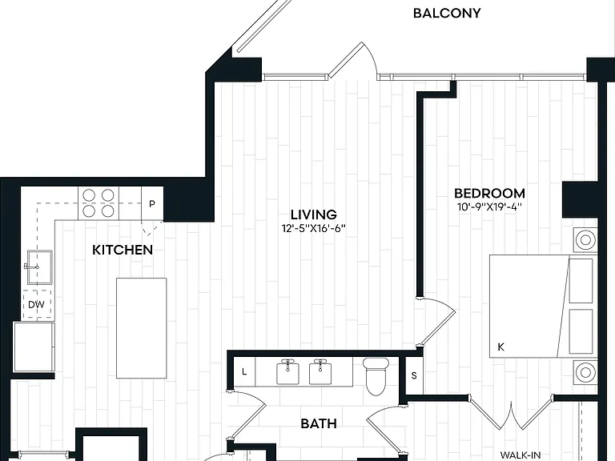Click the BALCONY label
tap(447, 14)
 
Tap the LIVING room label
tap(314, 214)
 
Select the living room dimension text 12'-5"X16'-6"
tap(314, 228)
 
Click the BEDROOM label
tap(489, 193)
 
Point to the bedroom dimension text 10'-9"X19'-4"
tap(490, 206)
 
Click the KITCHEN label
tap(123, 250)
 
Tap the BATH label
tap(319, 423)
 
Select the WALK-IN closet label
tap(521, 455)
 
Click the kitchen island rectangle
tap(142, 328)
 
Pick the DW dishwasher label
tap(36, 305)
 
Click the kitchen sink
tap(38, 267)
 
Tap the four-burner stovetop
tap(98, 203)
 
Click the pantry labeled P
tap(152, 203)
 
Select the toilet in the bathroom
tap(376, 376)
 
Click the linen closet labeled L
tap(244, 371)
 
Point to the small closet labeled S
tap(414, 375)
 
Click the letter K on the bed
tap(500, 347)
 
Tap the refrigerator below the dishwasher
tap(34, 347)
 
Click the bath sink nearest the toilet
tap(320, 372)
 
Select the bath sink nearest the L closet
tap(288, 372)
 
